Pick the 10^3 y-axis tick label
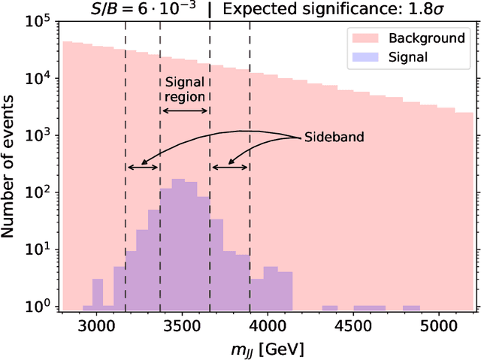(37, 136)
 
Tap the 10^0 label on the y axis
(37, 307)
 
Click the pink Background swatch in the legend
(362, 38)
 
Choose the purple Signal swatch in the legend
(362, 56)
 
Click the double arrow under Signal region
(185, 110)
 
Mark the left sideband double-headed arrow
(143, 167)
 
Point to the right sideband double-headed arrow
(230, 167)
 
